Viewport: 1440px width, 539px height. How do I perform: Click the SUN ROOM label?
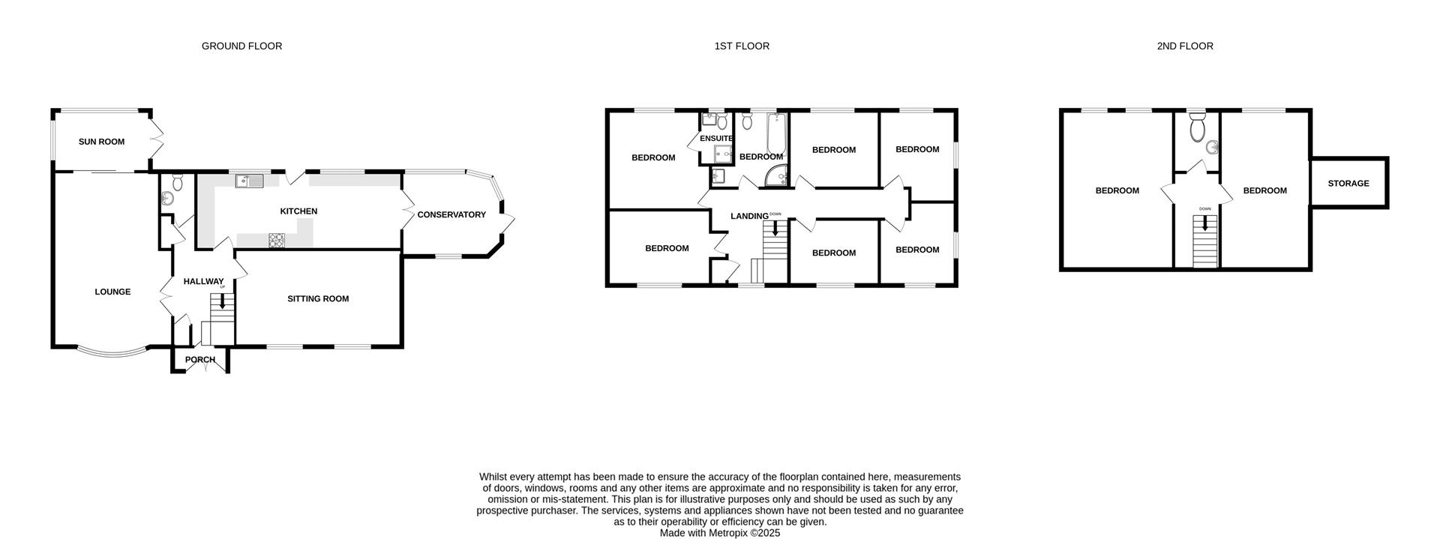(x=101, y=142)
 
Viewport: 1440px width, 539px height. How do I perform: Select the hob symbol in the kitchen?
(x=277, y=240)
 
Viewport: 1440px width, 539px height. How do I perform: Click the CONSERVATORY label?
(x=451, y=214)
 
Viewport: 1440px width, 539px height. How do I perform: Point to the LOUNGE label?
(x=112, y=292)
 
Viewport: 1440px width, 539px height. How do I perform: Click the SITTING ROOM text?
(x=318, y=298)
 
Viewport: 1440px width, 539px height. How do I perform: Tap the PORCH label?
(x=200, y=360)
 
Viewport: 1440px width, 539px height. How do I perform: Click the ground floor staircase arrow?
(x=222, y=302)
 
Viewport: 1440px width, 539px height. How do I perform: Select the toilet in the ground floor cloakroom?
(x=178, y=182)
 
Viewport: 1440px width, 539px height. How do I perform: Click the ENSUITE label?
(x=716, y=139)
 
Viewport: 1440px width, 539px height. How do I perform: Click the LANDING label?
(x=749, y=216)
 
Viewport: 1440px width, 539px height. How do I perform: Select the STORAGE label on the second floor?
(x=1348, y=183)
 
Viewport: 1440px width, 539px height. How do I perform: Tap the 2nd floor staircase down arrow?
(x=1204, y=223)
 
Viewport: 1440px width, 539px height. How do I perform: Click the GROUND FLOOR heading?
(x=241, y=46)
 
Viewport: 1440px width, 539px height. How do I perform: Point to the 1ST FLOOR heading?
(x=741, y=46)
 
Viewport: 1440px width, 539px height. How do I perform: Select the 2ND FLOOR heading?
(x=1184, y=46)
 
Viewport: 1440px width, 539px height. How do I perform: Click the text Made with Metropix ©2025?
(x=719, y=533)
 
